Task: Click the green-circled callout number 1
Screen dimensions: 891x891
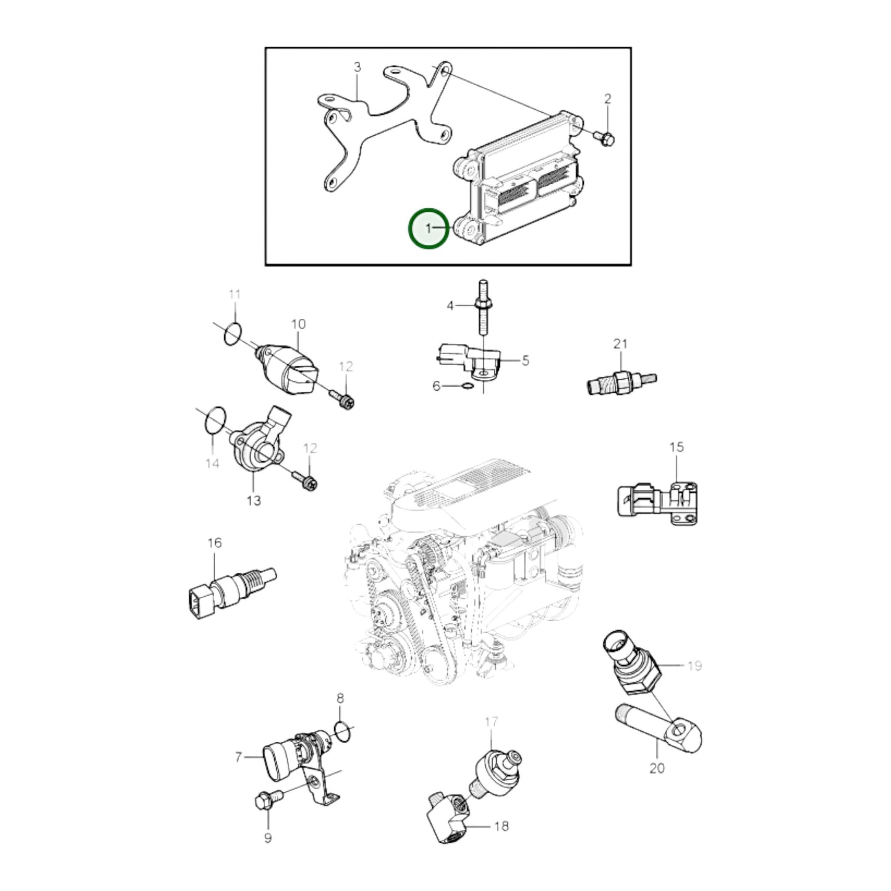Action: click(x=429, y=228)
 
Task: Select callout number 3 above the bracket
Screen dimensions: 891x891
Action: click(x=357, y=67)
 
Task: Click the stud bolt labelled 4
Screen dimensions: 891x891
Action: click(x=483, y=308)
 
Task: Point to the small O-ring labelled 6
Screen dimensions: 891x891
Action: click(x=467, y=386)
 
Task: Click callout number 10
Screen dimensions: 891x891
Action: click(x=298, y=324)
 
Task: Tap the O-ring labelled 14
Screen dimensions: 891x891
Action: click(x=215, y=421)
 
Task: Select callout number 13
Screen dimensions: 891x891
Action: click(x=254, y=500)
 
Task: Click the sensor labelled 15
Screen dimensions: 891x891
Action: click(x=657, y=504)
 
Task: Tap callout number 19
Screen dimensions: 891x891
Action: click(x=694, y=666)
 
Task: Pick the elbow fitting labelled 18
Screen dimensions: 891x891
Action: click(x=448, y=822)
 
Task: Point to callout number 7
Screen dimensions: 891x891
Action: click(x=239, y=757)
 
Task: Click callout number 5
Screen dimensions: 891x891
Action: click(x=525, y=360)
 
